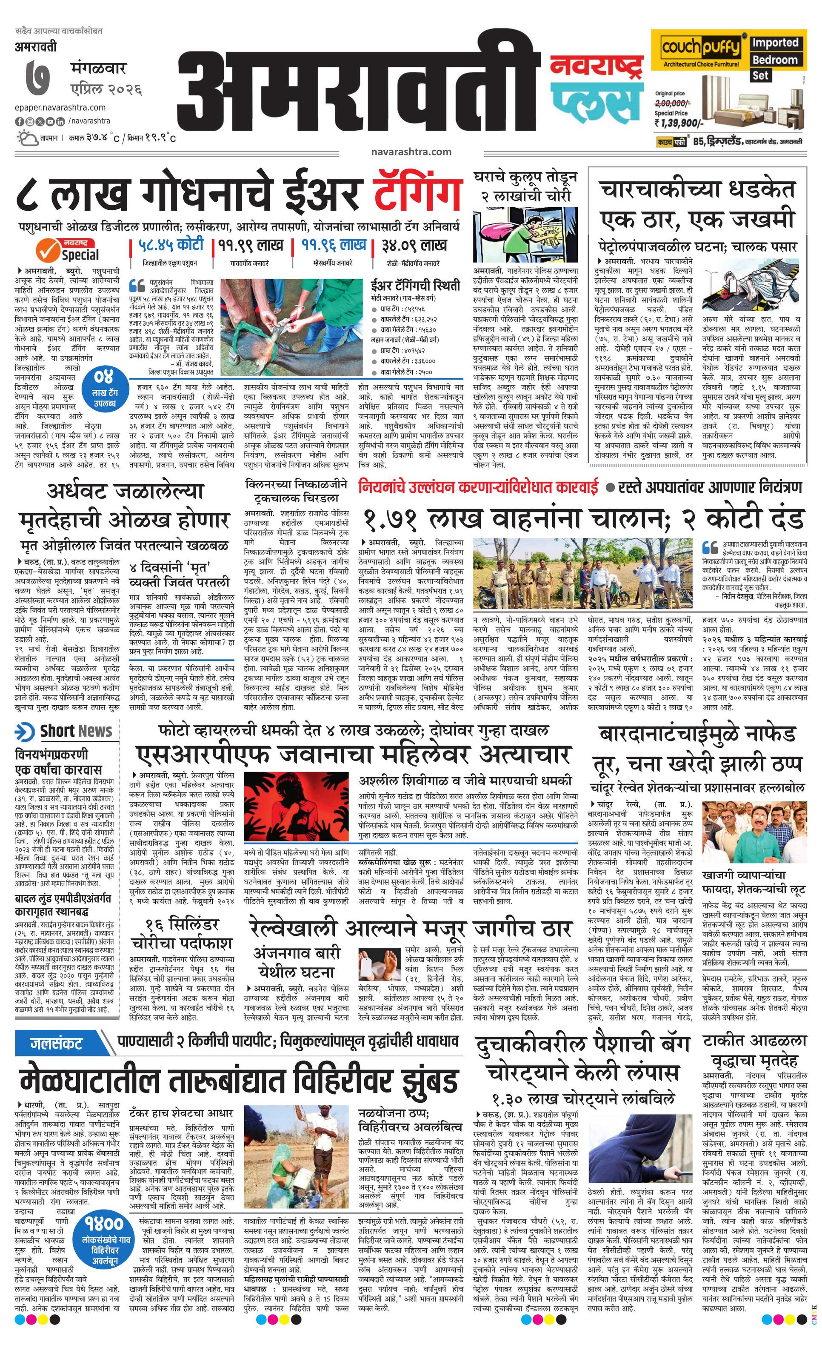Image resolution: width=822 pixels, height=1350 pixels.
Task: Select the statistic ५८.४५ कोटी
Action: tap(171, 244)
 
